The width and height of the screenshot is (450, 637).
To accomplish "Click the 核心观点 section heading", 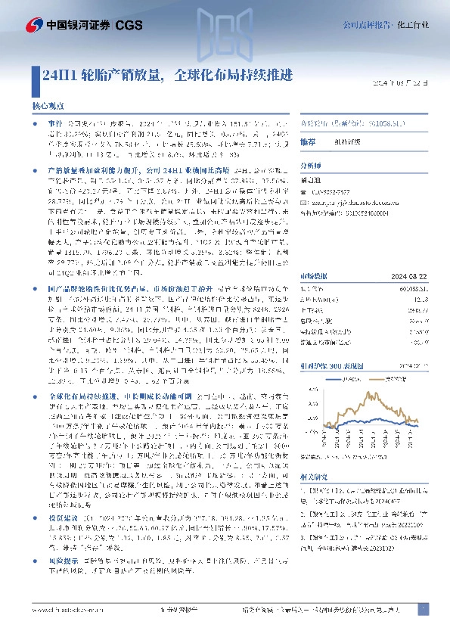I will (x=48, y=107).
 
